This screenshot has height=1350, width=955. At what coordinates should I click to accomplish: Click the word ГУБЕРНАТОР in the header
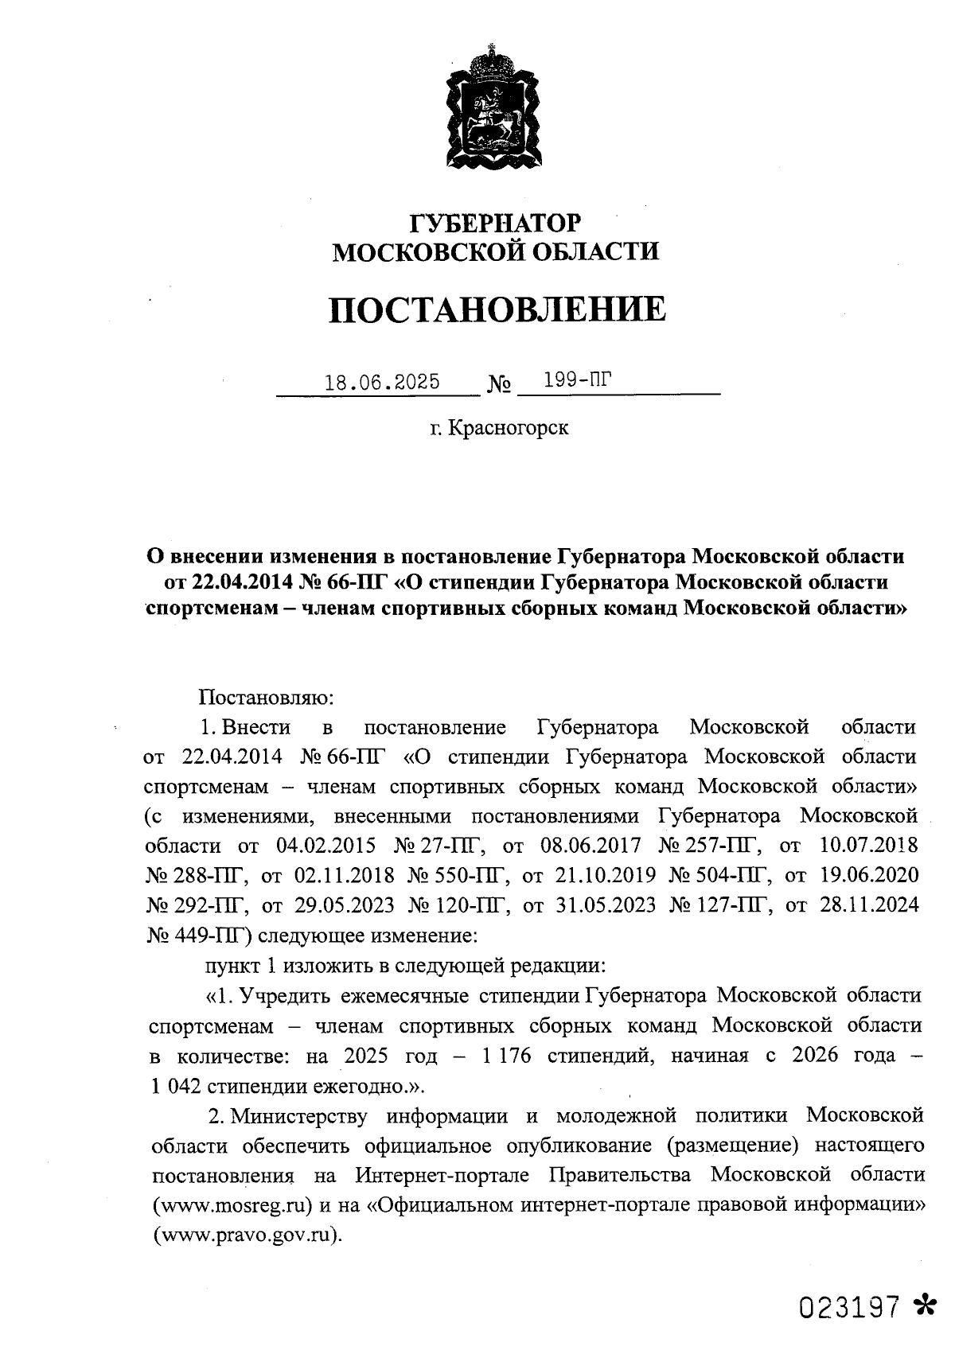[495, 223]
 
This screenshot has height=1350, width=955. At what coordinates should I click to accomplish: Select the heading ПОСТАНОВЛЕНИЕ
[497, 309]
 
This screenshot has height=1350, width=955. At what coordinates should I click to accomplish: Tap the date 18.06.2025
[382, 383]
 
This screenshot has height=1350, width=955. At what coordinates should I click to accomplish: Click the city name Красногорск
[509, 428]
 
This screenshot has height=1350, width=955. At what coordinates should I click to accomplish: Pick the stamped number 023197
[849, 1307]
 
